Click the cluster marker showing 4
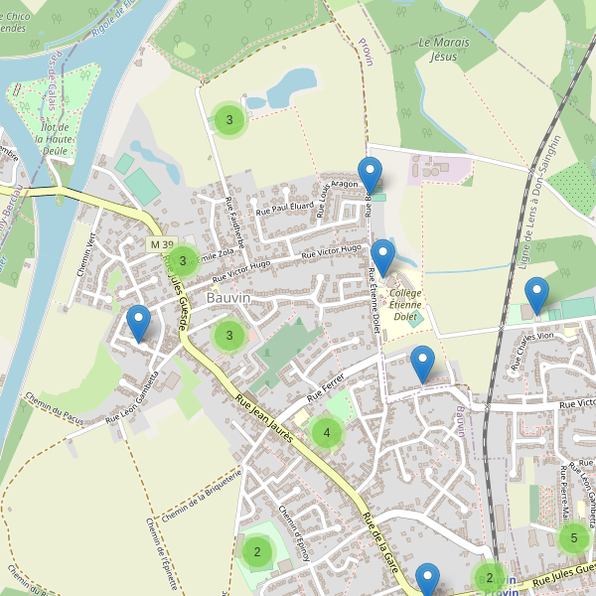pos(326,432)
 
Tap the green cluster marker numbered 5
pos(573,538)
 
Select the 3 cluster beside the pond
pos(229,120)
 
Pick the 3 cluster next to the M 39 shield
pos(183,261)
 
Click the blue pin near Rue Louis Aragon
pos(371,175)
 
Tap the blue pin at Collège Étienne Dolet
pos(382,257)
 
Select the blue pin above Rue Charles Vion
pos(536,295)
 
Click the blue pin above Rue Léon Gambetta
pos(138,323)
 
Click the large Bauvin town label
pos(228,298)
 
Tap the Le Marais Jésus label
pos(444,50)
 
